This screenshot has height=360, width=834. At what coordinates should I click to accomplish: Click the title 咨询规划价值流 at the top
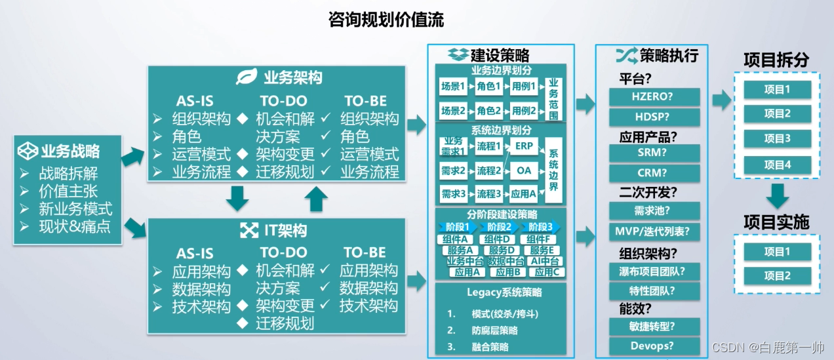pyautogui.click(x=386, y=20)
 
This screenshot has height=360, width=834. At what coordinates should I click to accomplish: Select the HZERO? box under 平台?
pyautogui.click(x=654, y=97)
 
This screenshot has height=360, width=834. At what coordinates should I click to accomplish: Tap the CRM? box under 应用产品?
pyautogui.click(x=654, y=173)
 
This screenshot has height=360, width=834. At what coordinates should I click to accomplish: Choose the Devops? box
pyautogui.click(x=654, y=346)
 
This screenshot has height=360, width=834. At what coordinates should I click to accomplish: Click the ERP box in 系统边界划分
pyautogui.click(x=524, y=145)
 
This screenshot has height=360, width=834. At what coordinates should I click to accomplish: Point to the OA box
pyautogui.click(x=524, y=170)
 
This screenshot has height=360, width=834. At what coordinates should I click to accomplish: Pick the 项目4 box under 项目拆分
pyautogui.click(x=778, y=164)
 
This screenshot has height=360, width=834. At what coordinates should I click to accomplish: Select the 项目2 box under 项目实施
pyautogui.click(x=778, y=276)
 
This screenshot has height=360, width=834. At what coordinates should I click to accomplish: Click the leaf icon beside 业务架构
pyautogui.click(x=247, y=77)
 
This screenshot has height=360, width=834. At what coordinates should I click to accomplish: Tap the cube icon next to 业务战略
pyautogui.click(x=28, y=151)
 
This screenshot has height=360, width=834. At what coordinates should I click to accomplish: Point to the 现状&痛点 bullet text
pyautogui.click(x=75, y=227)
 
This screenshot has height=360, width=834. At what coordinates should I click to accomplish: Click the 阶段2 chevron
pyautogui.click(x=499, y=228)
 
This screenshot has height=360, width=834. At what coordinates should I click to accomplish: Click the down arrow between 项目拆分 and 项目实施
pyautogui.click(x=778, y=195)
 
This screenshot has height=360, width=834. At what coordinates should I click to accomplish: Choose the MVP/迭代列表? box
pyautogui.click(x=654, y=231)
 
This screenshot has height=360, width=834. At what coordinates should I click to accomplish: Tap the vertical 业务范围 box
pyautogui.click(x=554, y=99)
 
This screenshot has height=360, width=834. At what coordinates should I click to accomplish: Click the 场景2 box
pyautogui.click(x=453, y=110)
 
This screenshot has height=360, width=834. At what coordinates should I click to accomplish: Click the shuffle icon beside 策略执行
pyautogui.click(x=626, y=55)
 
